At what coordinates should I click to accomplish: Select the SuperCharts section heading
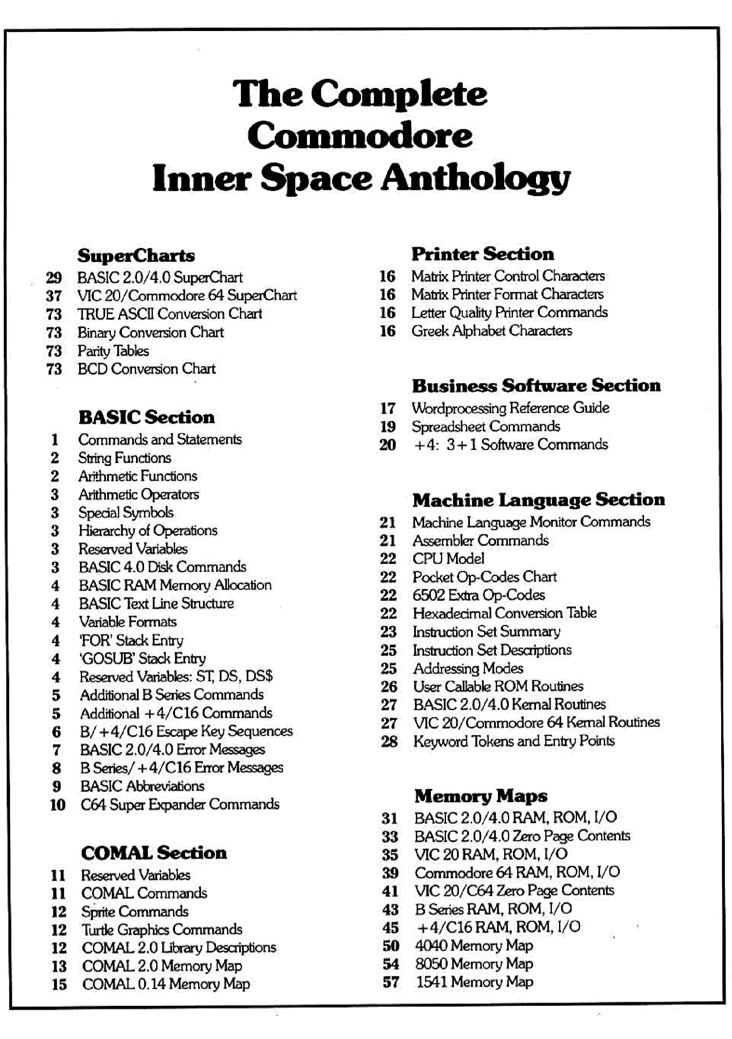(136, 256)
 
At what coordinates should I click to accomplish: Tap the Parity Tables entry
(113, 351)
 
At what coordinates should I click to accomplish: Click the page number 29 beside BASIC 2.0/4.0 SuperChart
(54, 277)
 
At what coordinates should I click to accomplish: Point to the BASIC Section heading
(146, 417)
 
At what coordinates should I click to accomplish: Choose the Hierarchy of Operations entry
(147, 530)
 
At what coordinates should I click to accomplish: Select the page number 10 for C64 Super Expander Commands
(57, 805)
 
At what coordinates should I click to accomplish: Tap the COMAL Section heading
(154, 853)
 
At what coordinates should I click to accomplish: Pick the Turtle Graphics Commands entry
(162, 930)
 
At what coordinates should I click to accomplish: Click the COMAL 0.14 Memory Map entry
(165, 984)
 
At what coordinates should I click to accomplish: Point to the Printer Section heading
(482, 254)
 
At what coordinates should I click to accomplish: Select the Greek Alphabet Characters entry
(491, 331)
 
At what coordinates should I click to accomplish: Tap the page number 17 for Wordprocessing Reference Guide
(388, 408)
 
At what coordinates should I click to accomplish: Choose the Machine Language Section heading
(539, 500)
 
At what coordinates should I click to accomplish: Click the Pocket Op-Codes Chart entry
(484, 577)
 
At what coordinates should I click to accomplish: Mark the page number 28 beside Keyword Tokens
(389, 742)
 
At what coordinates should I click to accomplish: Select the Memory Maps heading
(480, 796)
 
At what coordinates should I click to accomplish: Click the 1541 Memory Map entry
(474, 982)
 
